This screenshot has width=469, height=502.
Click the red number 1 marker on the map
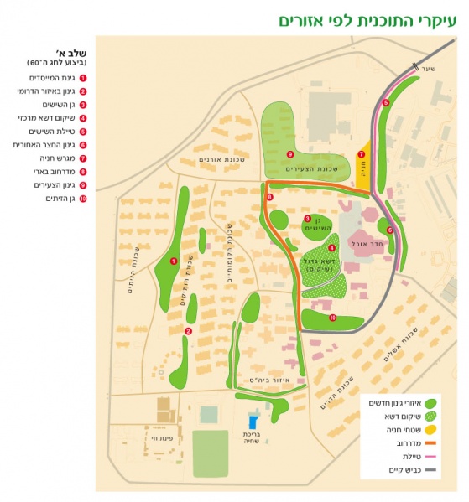click(x=173, y=261)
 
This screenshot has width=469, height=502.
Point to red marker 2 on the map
click(x=189, y=331)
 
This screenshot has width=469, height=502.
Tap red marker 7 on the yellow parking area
click(x=362, y=154)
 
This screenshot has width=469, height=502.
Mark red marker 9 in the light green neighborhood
click(x=290, y=154)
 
